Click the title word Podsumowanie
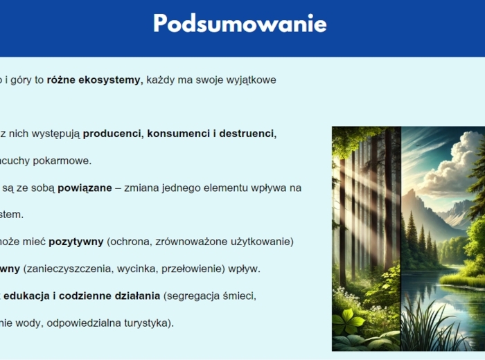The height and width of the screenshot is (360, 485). point(240,24)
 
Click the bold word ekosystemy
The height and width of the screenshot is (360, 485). point(111,80)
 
